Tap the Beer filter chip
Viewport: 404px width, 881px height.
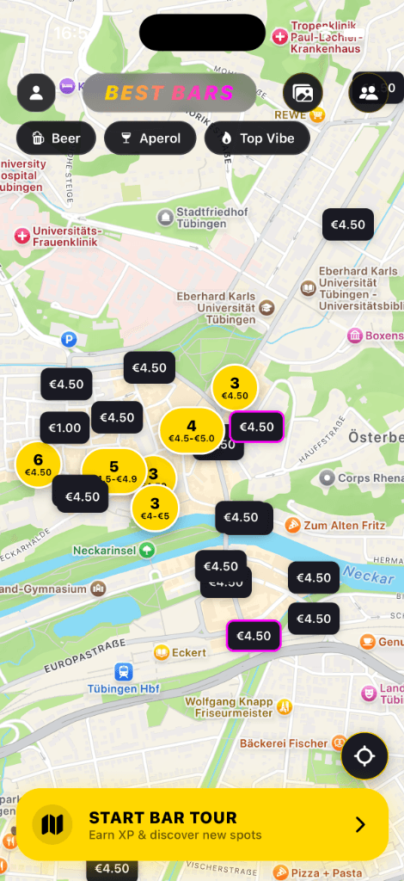[56, 138]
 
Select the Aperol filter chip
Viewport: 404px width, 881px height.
[150, 138]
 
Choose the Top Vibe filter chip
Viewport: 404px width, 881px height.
[257, 138]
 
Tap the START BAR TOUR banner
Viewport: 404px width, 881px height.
[202, 824]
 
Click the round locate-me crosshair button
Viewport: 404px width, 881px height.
[364, 756]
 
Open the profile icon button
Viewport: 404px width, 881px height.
[36, 93]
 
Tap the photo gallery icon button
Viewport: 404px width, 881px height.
[303, 93]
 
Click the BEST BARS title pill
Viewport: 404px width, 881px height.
[169, 93]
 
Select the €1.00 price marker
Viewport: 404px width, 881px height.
[64, 428]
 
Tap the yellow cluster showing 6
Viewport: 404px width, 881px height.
[38, 464]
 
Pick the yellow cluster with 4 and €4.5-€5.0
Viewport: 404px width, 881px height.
[191, 430]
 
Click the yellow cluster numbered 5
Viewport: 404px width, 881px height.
[113, 471]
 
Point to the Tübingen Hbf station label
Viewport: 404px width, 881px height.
[124, 687]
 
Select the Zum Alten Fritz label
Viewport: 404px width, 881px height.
[331, 524]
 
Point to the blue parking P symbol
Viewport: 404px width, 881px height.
[70, 340]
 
